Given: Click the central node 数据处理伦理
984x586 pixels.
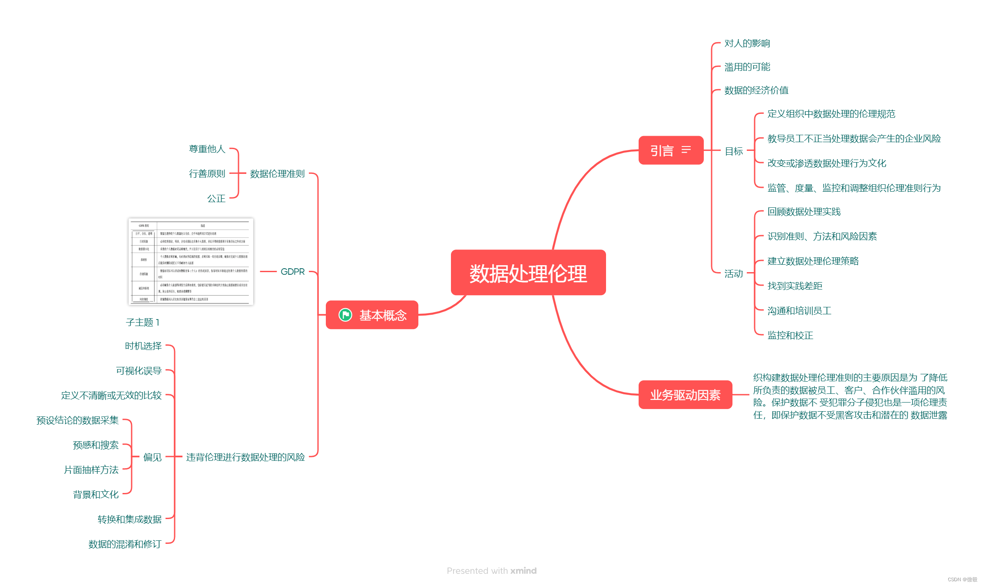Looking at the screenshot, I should (528, 273).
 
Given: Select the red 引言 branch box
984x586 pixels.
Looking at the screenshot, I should (662, 150).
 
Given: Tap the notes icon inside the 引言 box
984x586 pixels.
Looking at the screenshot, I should (686, 150).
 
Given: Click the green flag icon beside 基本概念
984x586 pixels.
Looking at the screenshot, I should (345, 315).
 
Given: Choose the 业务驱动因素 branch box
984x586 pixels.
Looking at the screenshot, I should (685, 395).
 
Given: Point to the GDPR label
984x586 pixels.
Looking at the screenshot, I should (292, 272).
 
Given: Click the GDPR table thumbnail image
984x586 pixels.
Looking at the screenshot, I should (191, 262).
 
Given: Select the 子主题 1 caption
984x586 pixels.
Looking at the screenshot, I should (142, 323).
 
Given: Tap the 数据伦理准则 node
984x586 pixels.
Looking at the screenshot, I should (277, 174).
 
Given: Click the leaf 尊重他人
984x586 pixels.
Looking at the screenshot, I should (207, 149).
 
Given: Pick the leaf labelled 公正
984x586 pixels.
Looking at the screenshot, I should (216, 199).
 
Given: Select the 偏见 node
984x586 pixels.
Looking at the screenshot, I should (152, 457).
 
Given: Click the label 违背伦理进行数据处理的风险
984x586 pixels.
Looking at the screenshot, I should (245, 457).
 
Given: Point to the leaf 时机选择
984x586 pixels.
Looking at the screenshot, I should (143, 346).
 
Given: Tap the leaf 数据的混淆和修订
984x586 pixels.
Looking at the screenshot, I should (125, 544).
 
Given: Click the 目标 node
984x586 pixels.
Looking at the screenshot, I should (734, 151).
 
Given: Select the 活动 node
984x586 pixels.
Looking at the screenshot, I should (733, 274).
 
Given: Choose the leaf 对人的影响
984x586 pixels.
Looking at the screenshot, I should (747, 43).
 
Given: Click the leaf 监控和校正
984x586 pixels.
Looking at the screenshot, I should (790, 336).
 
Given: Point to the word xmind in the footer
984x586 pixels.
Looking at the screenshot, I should (523, 571).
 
